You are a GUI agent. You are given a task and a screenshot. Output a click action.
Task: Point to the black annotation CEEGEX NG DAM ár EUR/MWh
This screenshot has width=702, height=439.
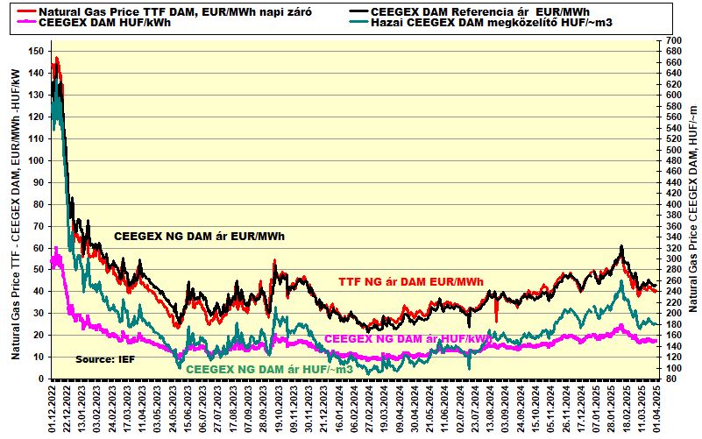(200, 237)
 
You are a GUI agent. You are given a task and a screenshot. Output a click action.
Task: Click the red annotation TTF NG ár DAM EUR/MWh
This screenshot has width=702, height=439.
(411, 281)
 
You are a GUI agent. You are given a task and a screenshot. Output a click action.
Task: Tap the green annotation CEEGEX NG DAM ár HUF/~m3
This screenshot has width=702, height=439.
(267, 369)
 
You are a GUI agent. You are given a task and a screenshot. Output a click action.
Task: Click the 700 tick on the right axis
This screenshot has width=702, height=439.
(670, 41)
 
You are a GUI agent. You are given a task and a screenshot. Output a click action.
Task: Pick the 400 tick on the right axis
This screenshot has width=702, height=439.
(670, 204)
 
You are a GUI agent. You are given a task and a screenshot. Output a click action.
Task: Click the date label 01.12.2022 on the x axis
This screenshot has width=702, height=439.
(53, 410)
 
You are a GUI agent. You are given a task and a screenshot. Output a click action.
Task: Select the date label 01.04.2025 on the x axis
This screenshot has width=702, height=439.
(656, 410)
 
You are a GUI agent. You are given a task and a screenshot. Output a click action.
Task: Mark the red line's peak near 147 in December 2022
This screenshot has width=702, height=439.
(56, 58)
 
